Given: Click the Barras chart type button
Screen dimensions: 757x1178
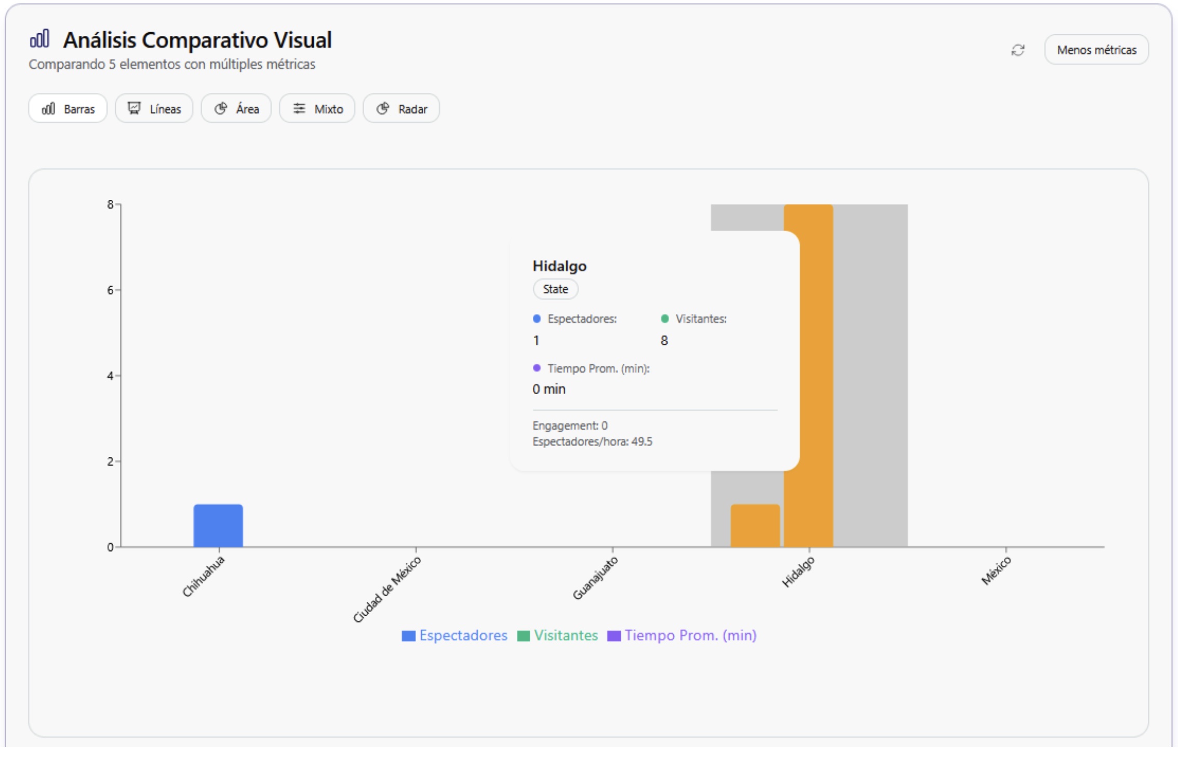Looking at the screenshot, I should pyautogui.click(x=68, y=109).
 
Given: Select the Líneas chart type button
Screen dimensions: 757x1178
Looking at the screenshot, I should pyautogui.click(x=154, y=109).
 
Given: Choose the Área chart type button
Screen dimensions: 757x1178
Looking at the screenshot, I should pyautogui.click(x=236, y=109).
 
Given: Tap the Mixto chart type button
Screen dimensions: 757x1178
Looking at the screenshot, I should pyautogui.click(x=317, y=109).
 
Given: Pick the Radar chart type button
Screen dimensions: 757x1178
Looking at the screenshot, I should pyautogui.click(x=401, y=109).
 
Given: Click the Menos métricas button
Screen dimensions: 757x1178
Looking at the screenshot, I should pyautogui.click(x=1096, y=50).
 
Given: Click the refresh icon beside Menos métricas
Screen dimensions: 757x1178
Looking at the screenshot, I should pyautogui.click(x=1018, y=50).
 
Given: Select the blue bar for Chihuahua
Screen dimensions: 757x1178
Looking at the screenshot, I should pyautogui.click(x=218, y=525).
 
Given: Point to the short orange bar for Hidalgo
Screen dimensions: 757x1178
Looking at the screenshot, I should pyautogui.click(x=755, y=525).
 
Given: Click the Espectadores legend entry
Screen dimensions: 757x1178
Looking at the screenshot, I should pyautogui.click(x=455, y=636).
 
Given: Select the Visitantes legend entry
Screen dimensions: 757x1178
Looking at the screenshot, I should pyautogui.click(x=558, y=636).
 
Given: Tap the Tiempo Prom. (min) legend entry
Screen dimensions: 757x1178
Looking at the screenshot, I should pyautogui.click(x=682, y=636).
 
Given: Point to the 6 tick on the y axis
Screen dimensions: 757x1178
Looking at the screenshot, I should pyautogui.click(x=110, y=290).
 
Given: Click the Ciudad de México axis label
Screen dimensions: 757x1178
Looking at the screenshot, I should pyautogui.click(x=387, y=589).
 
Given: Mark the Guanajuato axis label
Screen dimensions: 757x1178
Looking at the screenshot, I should pyautogui.click(x=596, y=578).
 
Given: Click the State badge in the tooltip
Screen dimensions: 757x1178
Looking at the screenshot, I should pyautogui.click(x=555, y=289).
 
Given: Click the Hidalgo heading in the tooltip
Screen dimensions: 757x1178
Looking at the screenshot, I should pyautogui.click(x=559, y=266).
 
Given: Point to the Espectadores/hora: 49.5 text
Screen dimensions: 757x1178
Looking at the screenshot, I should pyautogui.click(x=592, y=442).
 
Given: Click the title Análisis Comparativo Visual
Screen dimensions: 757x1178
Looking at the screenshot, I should pyautogui.click(x=197, y=40).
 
